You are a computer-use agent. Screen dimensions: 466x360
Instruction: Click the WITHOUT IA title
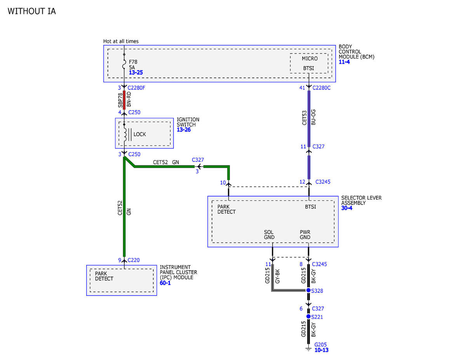(31, 11)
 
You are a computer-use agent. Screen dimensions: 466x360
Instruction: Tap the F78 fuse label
(133, 62)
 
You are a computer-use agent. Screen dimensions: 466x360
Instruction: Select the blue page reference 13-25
(136, 73)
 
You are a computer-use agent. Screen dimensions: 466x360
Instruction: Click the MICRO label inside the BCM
(310, 59)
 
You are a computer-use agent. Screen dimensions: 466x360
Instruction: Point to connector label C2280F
(136, 88)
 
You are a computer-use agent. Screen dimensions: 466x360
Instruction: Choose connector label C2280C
(322, 88)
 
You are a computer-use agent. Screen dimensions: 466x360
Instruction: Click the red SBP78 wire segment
(124, 100)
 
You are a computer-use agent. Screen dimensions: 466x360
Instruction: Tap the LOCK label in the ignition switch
(140, 134)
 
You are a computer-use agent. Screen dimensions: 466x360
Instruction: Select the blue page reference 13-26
(184, 130)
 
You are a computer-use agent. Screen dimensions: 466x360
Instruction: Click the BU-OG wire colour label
(313, 117)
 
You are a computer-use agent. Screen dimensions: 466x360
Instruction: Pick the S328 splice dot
(308, 290)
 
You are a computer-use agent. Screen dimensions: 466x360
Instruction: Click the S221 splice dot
(308, 316)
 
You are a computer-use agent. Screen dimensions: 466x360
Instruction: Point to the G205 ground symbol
(308, 349)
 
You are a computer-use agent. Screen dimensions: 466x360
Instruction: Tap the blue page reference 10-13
(322, 350)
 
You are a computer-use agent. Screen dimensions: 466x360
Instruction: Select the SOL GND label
(269, 235)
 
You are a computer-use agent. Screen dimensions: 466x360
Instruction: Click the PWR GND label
(305, 235)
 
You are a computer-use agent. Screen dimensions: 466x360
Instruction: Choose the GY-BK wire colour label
(278, 276)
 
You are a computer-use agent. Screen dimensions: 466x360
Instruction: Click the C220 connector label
(134, 260)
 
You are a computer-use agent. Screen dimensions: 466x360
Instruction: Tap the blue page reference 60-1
(165, 283)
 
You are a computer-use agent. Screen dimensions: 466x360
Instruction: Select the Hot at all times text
(121, 41)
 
